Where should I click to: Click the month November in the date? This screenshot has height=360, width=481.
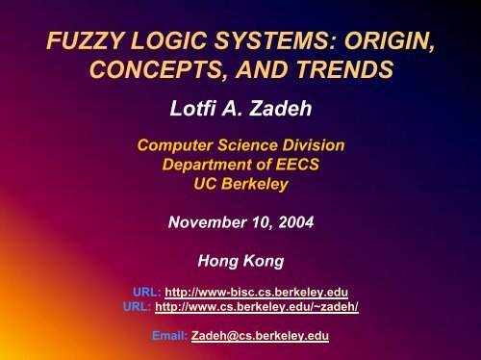pyautogui.click(x=204, y=221)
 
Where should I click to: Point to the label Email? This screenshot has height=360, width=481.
pyautogui.click(x=174, y=338)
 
